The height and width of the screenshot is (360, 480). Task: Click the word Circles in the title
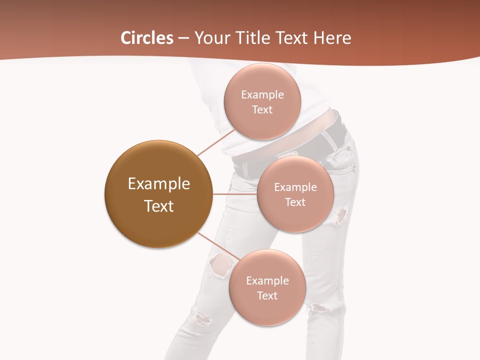(146, 38)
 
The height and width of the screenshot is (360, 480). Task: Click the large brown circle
(158, 194)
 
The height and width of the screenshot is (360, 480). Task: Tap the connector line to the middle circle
(235, 193)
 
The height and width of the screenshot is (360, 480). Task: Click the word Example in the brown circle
(158, 184)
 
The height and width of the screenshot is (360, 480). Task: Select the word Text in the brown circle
(158, 206)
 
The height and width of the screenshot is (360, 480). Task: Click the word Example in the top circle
(262, 95)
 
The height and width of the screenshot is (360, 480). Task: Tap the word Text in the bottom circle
(267, 295)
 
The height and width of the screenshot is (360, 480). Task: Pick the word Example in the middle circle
(295, 187)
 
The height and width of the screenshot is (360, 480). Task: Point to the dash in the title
(183, 38)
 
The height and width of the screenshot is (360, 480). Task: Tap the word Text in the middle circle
(295, 202)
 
